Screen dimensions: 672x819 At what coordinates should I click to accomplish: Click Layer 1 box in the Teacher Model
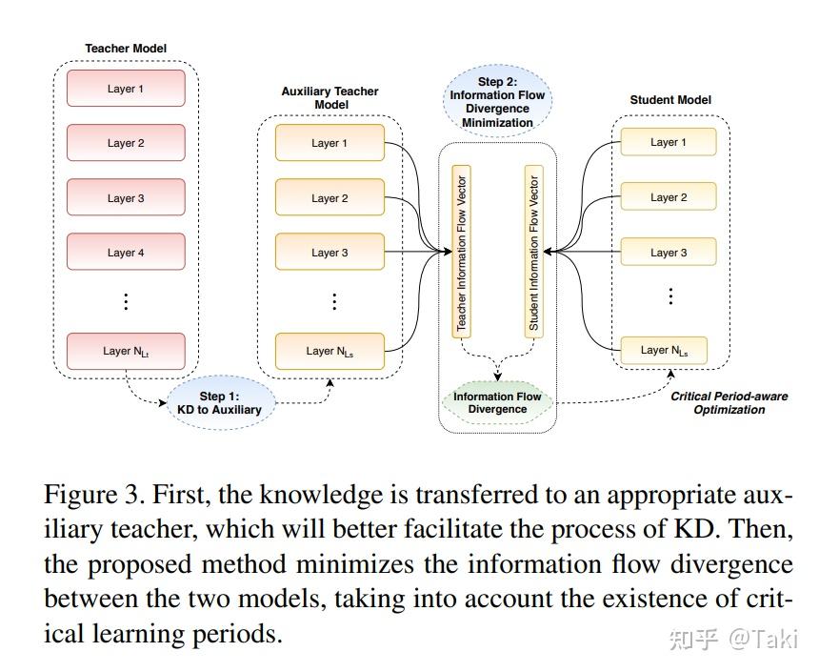(126, 89)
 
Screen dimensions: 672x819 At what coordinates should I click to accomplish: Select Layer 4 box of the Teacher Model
(126, 253)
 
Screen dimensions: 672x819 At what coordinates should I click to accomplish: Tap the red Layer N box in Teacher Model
(126, 352)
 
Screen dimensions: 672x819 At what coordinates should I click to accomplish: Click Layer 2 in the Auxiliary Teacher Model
(330, 198)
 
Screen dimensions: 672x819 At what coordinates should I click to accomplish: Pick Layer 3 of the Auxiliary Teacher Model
(330, 253)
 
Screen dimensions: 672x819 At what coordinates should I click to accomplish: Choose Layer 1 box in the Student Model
(669, 143)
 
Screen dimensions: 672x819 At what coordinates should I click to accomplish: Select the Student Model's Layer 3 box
(669, 253)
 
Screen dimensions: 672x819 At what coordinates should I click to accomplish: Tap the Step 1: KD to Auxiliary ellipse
(220, 403)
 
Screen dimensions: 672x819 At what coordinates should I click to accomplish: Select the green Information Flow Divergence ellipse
(497, 403)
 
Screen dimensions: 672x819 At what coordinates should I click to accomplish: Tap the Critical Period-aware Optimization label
(729, 402)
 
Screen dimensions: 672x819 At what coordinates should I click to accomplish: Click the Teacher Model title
(126, 48)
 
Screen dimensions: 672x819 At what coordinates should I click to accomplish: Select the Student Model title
(670, 100)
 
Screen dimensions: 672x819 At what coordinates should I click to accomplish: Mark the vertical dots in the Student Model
(670, 295)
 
